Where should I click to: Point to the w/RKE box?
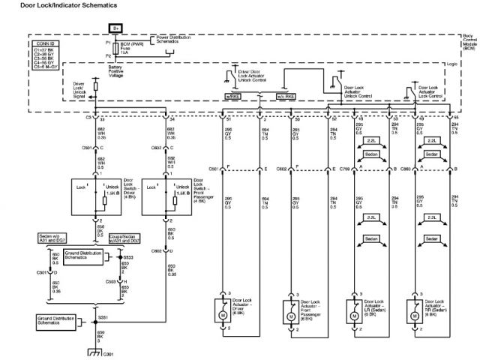pos(232,96)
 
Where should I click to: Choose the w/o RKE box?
pos(286,96)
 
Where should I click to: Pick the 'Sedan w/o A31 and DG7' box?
pos(56,238)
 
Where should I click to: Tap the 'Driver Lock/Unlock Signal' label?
pos(78,90)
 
